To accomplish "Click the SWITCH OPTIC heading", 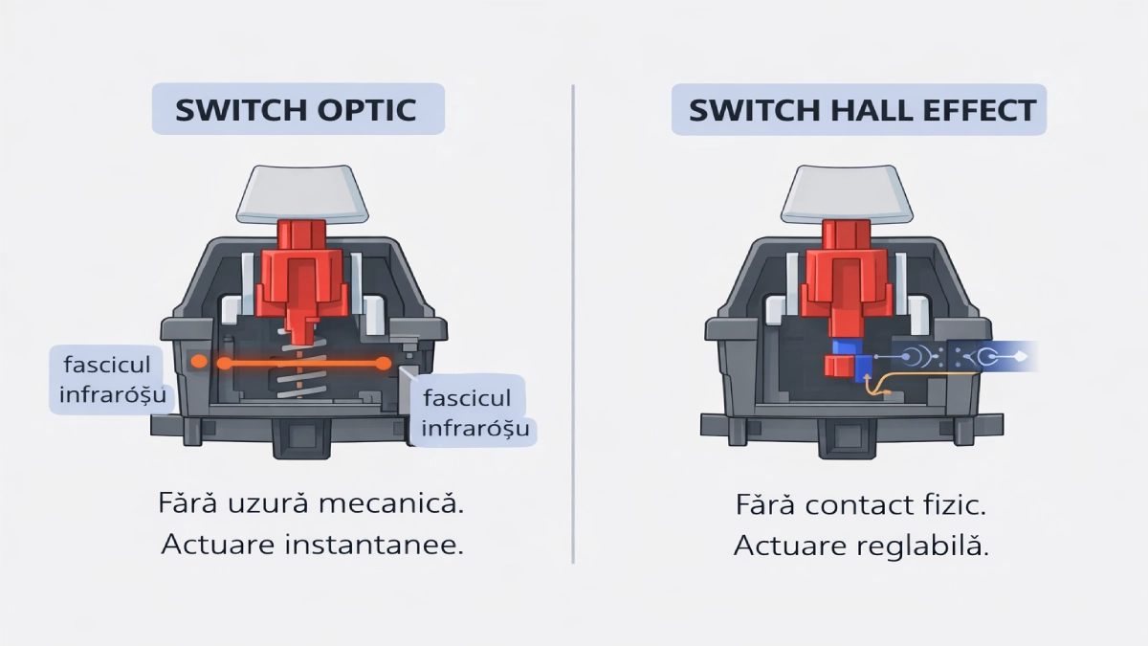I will click(x=297, y=109).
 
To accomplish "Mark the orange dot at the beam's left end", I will click(x=198, y=362).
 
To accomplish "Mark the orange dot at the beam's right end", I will click(x=383, y=363).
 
